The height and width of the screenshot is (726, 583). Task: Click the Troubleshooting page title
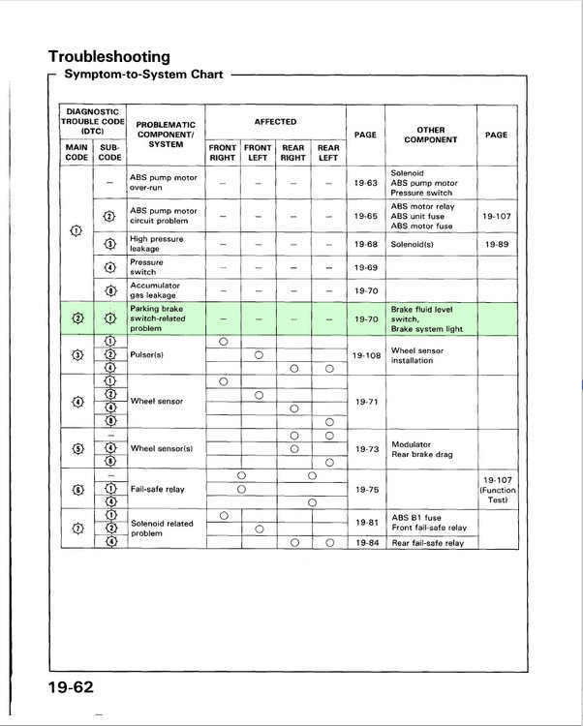[108, 56]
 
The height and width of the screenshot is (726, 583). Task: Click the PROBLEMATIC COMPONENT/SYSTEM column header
[166, 135]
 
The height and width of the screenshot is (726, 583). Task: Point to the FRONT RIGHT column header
[223, 153]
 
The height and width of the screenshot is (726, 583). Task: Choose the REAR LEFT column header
[329, 153]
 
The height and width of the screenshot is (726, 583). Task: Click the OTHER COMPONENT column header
[431, 135]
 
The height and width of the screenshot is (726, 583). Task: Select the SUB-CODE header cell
[110, 153]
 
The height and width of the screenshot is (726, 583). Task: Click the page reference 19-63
[366, 181]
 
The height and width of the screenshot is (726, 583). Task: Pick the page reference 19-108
[366, 354]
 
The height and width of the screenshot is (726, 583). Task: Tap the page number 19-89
[496, 245]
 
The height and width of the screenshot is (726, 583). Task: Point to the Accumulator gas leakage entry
[158, 290]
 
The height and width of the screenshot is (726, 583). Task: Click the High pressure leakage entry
[156, 243]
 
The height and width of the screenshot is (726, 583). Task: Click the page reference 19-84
[366, 542]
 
